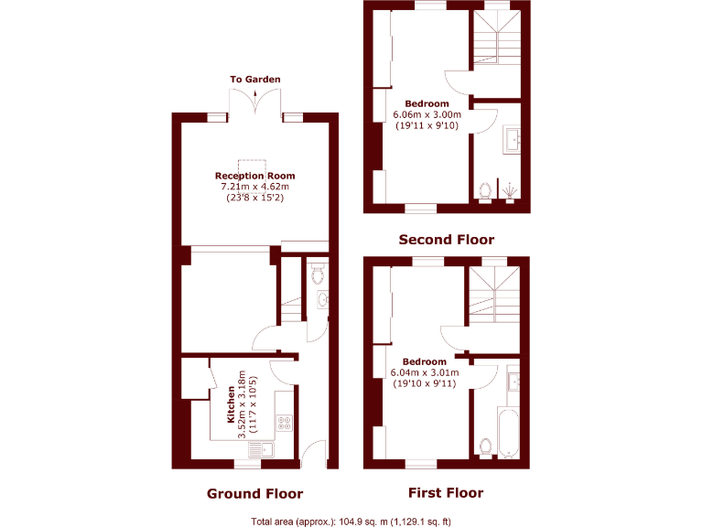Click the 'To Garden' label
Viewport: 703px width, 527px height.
click(254, 80)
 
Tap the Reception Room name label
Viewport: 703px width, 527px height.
click(254, 176)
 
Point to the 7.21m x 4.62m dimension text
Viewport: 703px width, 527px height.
click(254, 187)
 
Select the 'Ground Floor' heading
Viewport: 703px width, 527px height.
click(254, 493)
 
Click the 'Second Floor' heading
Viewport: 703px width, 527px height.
click(446, 240)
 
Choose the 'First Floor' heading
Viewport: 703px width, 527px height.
click(446, 493)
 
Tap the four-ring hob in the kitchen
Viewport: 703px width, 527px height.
click(284, 423)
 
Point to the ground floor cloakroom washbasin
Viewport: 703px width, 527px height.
click(322, 300)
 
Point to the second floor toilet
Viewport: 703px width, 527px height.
click(486, 190)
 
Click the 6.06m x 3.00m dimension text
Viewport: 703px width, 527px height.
click(427, 114)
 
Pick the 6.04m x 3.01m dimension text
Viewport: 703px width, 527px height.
click(425, 372)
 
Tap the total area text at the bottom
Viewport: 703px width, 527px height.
click(351, 522)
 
